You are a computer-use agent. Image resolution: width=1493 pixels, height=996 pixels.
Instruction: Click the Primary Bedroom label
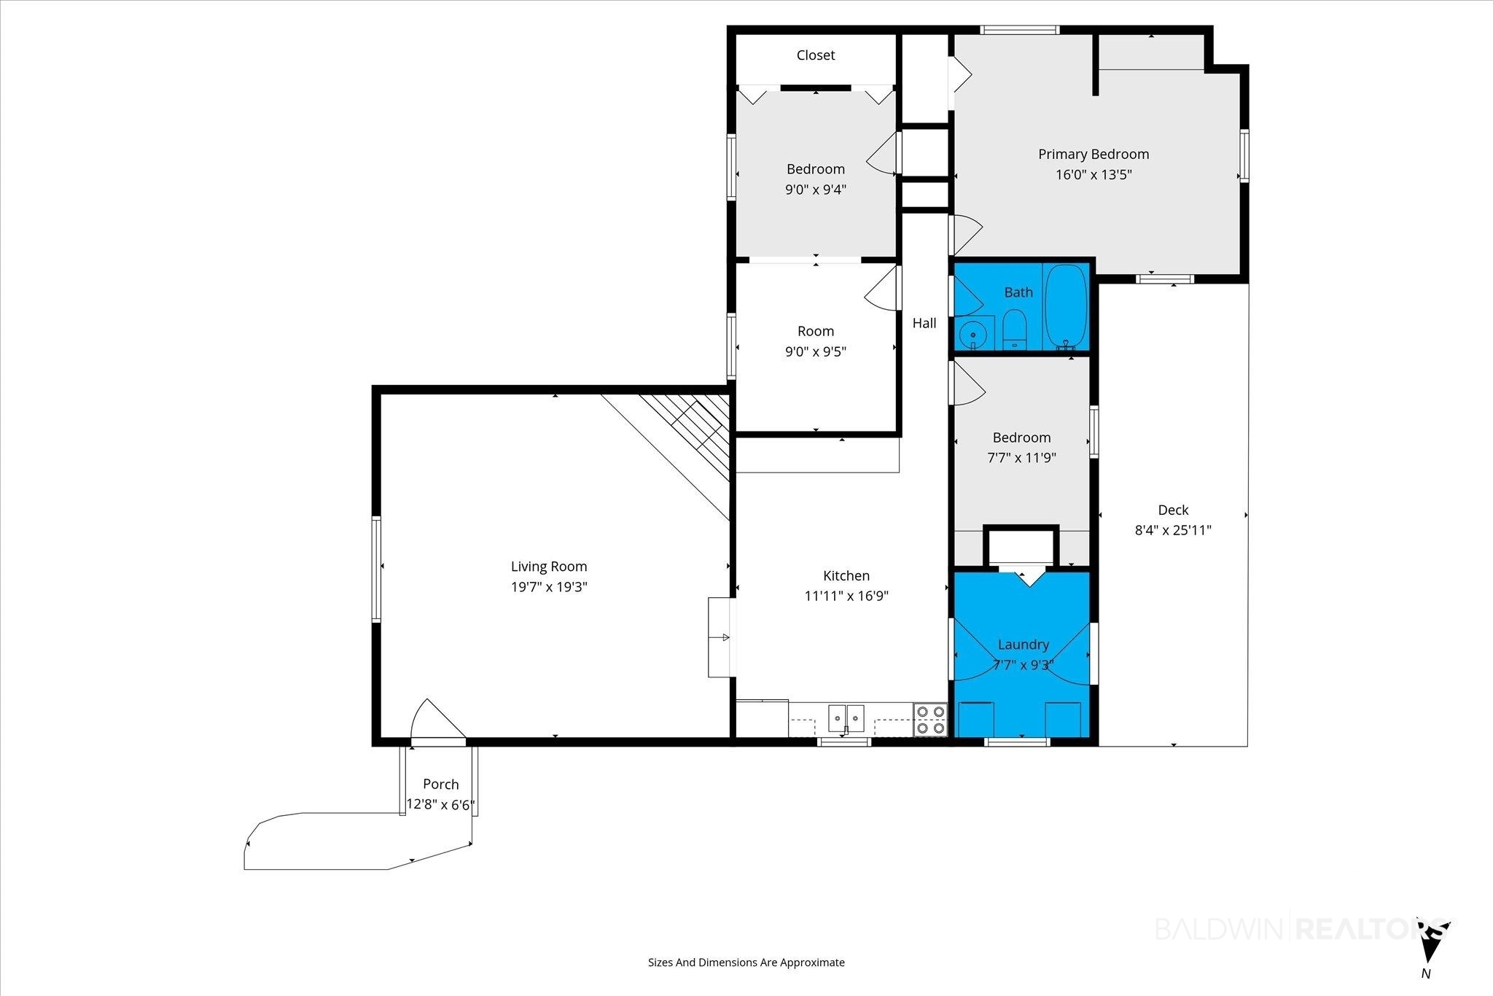[x=1094, y=154]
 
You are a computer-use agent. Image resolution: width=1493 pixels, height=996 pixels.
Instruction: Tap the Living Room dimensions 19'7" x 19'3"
[x=549, y=587]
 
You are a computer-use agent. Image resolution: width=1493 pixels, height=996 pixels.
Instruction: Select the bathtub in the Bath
[x=1066, y=306]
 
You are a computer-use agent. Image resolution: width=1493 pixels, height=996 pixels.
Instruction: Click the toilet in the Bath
[x=1014, y=330]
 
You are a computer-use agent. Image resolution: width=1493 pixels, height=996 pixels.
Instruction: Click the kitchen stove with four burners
[x=930, y=719]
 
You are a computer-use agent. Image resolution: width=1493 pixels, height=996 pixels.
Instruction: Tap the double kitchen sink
[x=846, y=717]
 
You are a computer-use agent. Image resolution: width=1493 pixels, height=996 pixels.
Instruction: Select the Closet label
[x=816, y=55]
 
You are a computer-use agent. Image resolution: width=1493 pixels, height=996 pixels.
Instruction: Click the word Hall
[x=924, y=323]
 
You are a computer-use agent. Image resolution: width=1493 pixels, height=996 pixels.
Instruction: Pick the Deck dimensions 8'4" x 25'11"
[x=1173, y=530]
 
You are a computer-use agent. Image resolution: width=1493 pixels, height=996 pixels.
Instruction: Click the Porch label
[x=441, y=785]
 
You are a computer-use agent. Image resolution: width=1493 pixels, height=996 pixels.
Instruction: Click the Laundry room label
[x=1024, y=645]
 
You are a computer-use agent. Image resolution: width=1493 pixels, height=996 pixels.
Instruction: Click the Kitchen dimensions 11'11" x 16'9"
[x=846, y=596]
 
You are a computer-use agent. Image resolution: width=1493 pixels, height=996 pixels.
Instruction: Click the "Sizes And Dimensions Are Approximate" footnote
[x=746, y=962]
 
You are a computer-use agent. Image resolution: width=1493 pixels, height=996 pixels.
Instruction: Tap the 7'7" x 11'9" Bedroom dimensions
[x=1022, y=458]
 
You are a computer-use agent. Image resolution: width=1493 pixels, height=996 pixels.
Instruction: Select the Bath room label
[x=1018, y=292]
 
